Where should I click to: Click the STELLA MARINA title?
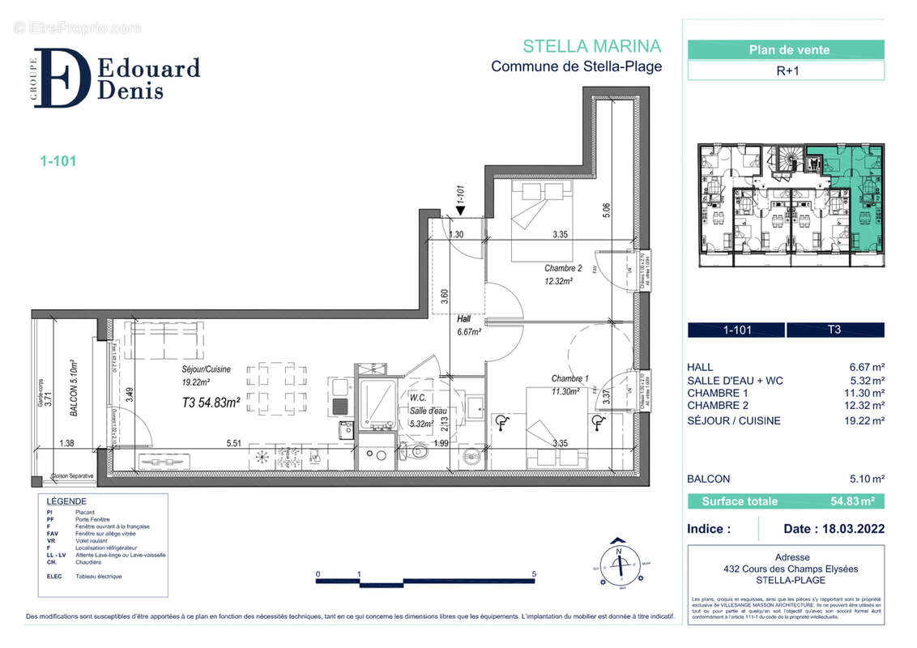[591, 46]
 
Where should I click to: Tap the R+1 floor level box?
[785, 70]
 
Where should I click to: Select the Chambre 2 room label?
[563, 268]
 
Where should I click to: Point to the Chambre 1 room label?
[570, 379]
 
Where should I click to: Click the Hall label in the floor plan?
[464, 319]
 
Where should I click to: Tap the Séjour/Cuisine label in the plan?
[206, 369]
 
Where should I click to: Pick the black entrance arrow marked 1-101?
[460, 211]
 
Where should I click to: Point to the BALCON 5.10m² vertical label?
[73, 389]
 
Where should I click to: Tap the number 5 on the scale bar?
[534, 574]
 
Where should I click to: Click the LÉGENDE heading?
[66, 501]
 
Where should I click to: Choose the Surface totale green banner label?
[739, 501]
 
